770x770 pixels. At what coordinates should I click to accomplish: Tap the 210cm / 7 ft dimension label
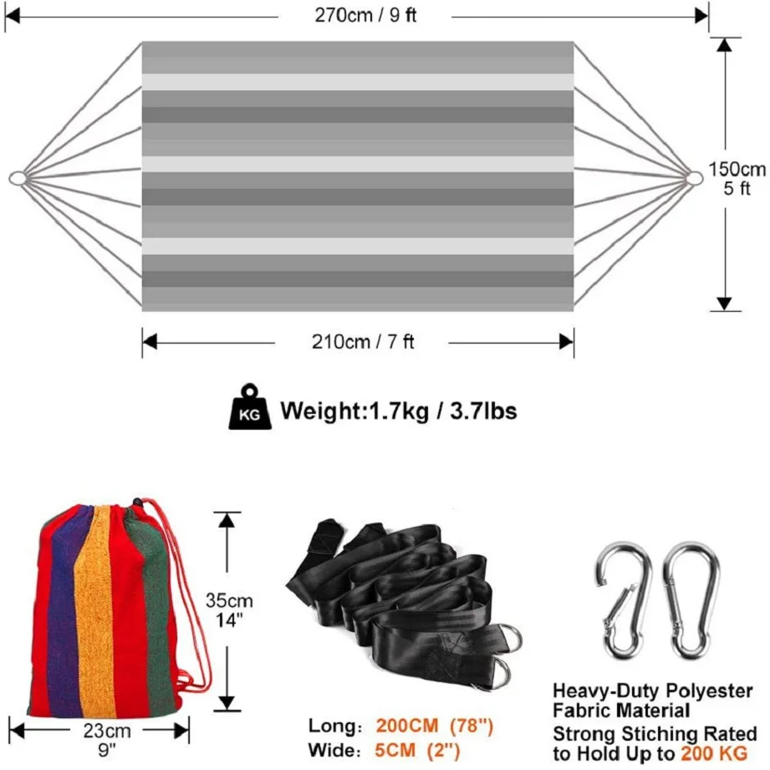click(362, 341)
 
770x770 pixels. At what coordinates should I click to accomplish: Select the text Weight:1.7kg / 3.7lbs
click(398, 410)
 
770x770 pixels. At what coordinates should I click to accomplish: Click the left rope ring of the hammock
click(17, 178)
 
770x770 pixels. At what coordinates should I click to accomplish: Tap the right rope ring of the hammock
click(694, 178)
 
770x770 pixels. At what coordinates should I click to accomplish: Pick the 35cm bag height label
click(230, 600)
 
